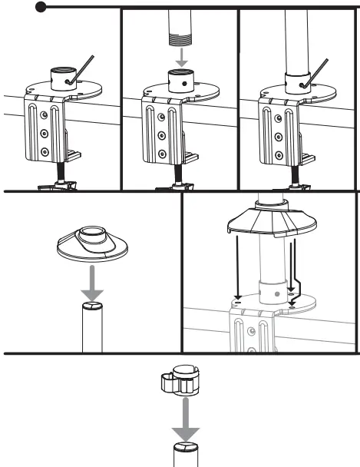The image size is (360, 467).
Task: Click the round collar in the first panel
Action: pyautogui.click(x=61, y=78)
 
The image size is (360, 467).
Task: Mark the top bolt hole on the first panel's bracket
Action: pyautogui.click(x=45, y=113)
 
